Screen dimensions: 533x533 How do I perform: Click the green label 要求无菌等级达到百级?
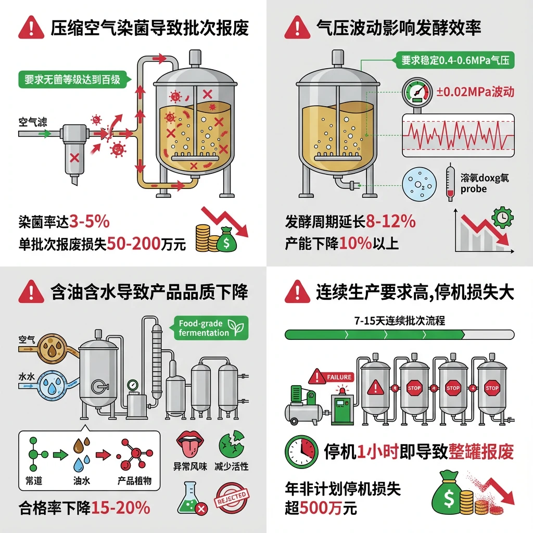point(72,80)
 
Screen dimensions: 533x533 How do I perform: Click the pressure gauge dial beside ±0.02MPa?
point(416,92)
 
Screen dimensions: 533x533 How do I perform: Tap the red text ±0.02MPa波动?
point(476,92)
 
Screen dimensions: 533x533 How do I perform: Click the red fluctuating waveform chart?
point(458,135)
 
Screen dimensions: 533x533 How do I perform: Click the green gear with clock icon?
point(502,217)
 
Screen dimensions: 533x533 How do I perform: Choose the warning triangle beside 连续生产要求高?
point(298,292)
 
